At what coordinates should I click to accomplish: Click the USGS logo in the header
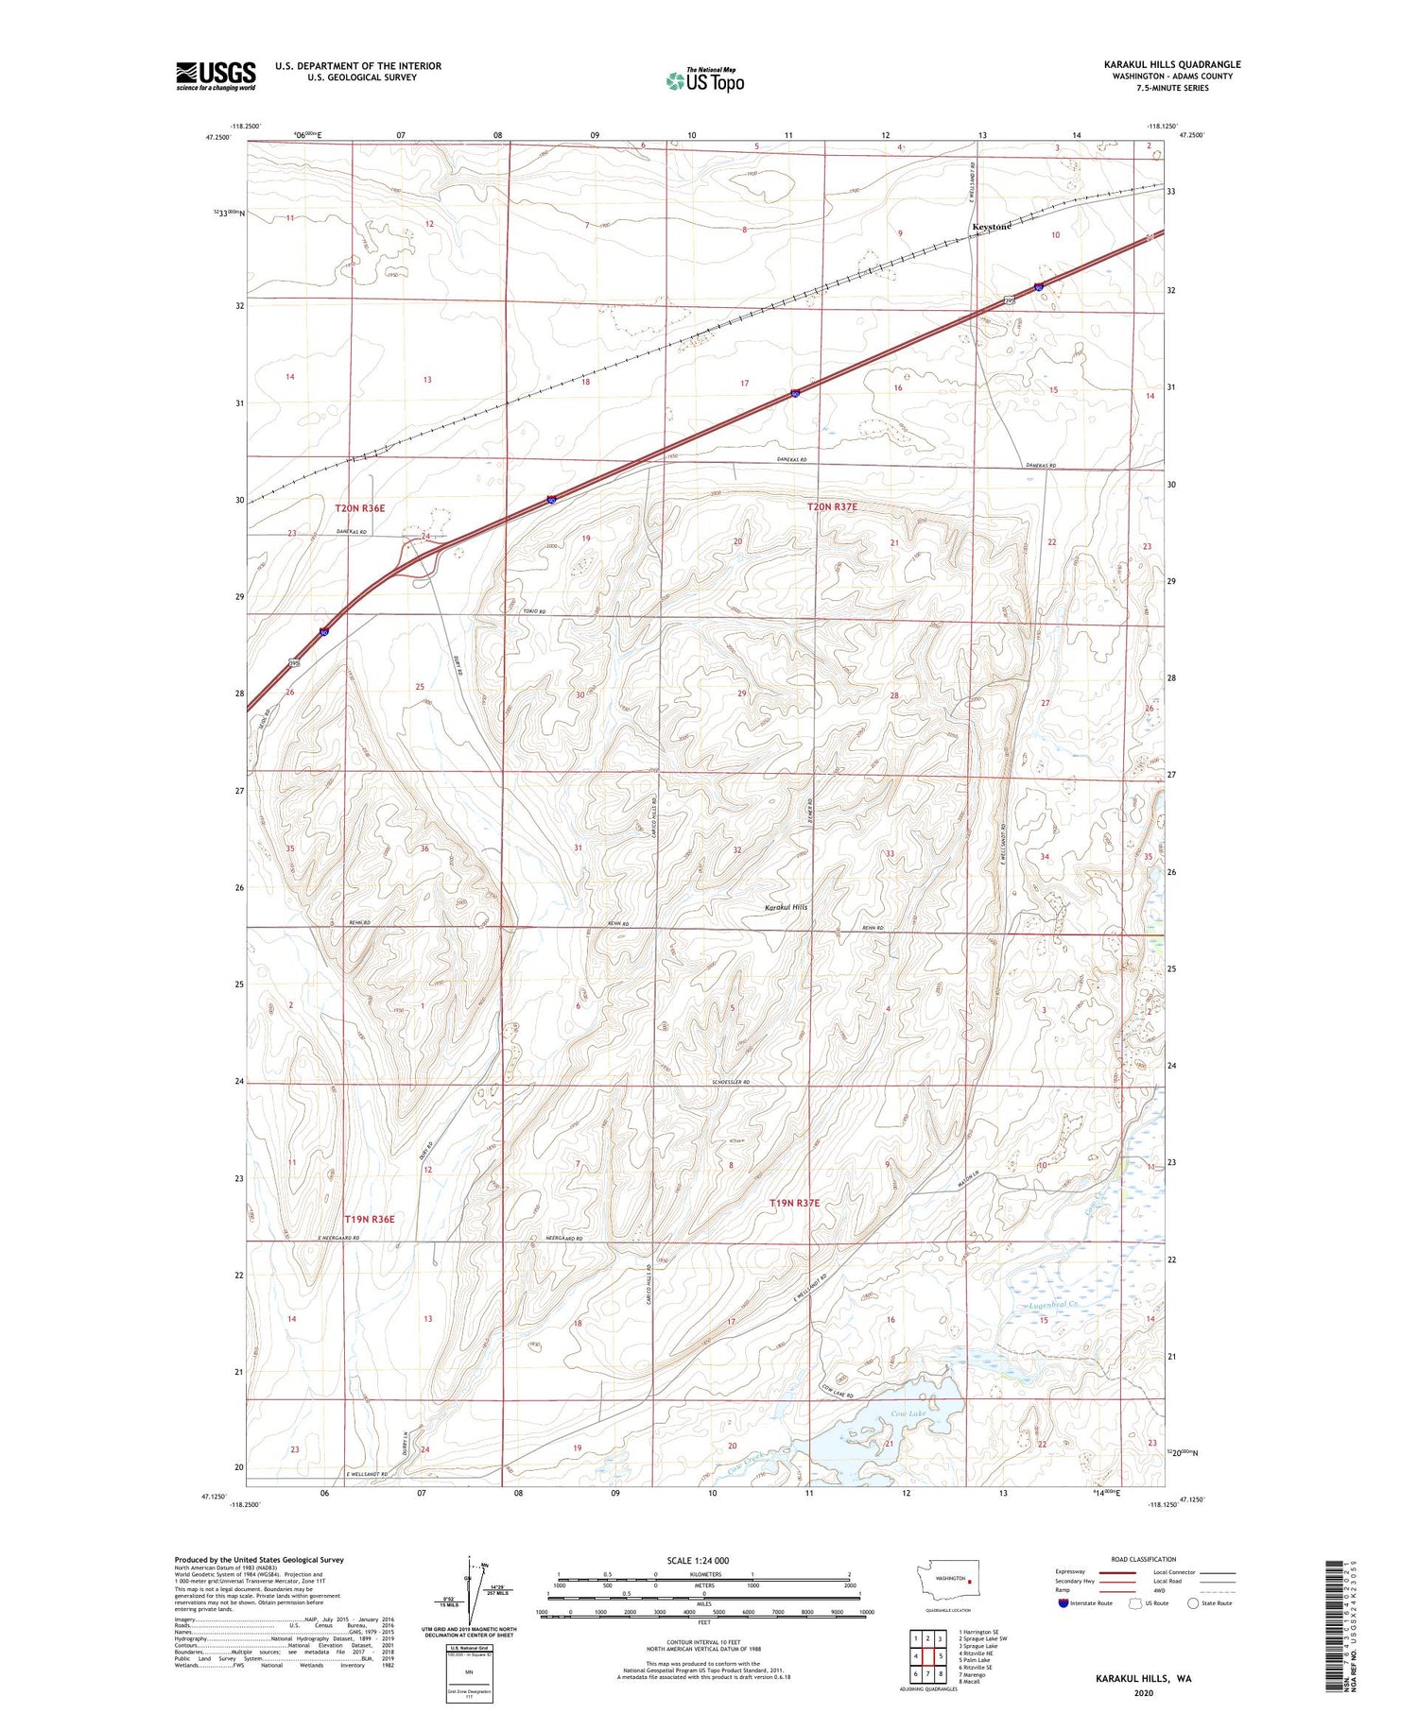216,76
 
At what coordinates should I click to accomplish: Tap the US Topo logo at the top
705,81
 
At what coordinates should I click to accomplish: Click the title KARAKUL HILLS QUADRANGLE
1171,64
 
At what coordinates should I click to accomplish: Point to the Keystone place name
992,227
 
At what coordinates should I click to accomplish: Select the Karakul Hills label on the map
787,907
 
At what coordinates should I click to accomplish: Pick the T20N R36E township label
360,508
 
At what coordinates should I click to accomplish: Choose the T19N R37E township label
794,1203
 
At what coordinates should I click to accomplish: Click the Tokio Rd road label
534,611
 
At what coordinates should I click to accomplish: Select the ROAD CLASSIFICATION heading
1144,1559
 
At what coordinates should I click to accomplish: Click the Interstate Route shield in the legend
1063,1603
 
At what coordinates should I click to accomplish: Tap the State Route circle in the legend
1194,1603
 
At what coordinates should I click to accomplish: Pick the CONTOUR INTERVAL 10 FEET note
703,1642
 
